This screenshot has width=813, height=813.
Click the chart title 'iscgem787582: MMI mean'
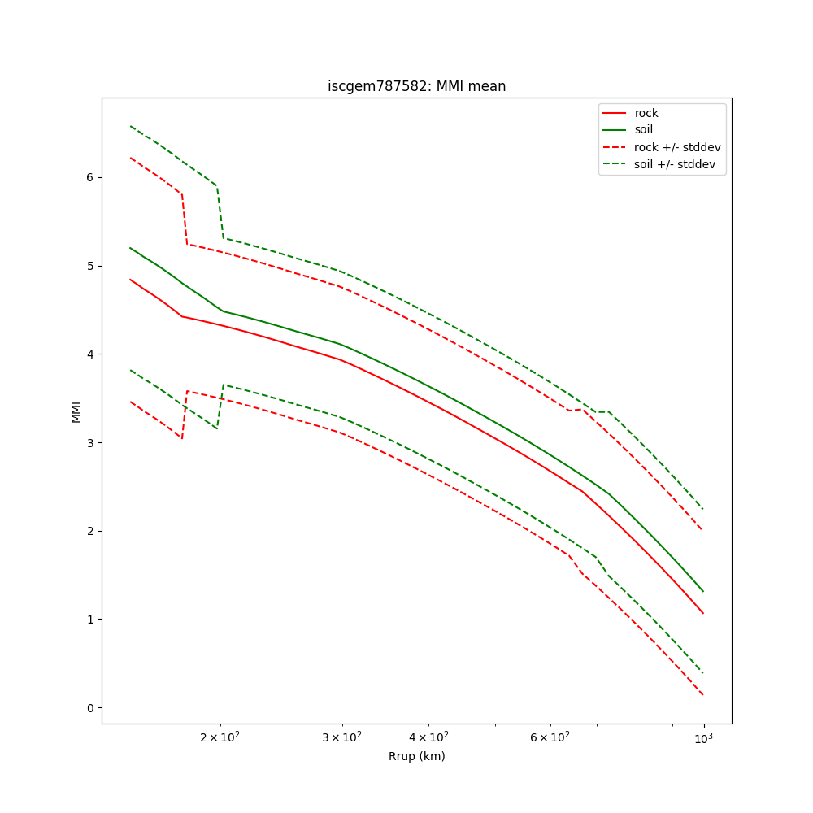pyautogui.click(x=416, y=86)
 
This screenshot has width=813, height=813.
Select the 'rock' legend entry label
pyautogui.click(x=646, y=113)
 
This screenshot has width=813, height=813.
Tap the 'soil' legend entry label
pyautogui.click(x=644, y=129)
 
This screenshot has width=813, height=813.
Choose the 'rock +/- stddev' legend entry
pyautogui.click(x=677, y=147)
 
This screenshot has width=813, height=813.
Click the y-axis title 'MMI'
pyautogui.click(x=76, y=411)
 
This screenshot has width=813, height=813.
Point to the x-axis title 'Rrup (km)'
pyautogui.click(x=416, y=756)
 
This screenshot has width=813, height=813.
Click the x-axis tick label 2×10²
pyautogui.click(x=220, y=737)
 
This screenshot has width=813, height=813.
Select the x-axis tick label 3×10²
pyautogui.click(x=342, y=737)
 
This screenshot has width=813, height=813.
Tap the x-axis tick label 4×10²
pyautogui.click(x=428, y=737)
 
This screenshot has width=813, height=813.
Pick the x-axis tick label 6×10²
pyautogui.click(x=550, y=737)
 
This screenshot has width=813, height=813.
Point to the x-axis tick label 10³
pyautogui.click(x=703, y=737)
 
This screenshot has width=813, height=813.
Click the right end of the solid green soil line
pyautogui.click(x=703, y=591)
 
